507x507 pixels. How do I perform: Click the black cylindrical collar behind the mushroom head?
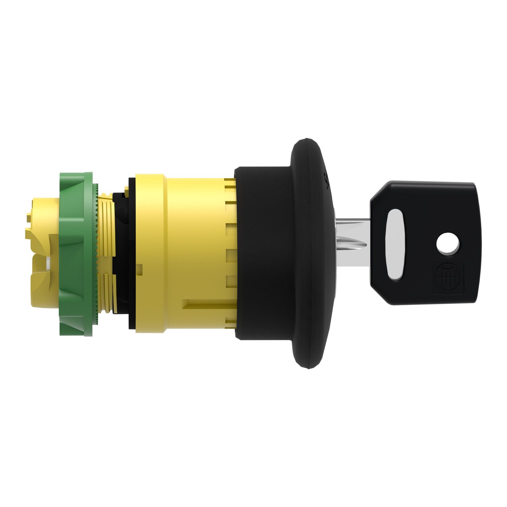pyautogui.click(x=264, y=254)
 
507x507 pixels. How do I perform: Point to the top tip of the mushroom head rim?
pyautogui.click(x=306, y=139)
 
